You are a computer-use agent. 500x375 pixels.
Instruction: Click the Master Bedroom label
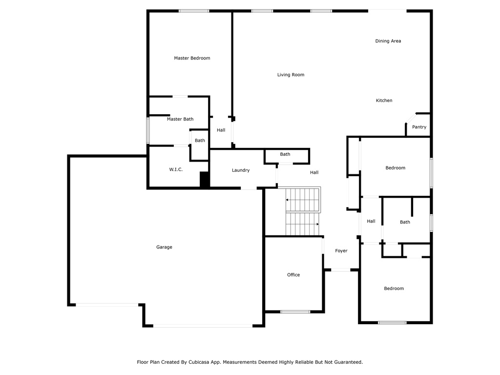point(192,58)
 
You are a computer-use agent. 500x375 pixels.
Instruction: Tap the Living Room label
point(291,75)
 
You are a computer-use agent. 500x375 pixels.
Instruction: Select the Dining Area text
point(388,41)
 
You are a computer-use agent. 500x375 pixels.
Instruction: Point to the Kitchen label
point(384,101)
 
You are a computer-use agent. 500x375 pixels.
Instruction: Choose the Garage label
point(164,247)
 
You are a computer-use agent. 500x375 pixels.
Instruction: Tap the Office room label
point(293,275)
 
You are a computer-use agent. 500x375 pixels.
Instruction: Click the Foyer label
point(341,251)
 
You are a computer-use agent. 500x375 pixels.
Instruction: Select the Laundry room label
point(241,170)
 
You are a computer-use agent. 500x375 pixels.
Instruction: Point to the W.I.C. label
point(176,169)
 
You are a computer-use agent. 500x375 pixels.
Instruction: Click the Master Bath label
point(180,119)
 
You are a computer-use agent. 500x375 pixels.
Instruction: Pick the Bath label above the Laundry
point(285,154)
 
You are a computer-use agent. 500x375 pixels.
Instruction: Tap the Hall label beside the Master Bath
point(221,130)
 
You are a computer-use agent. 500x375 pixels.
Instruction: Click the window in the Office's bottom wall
point(295,312)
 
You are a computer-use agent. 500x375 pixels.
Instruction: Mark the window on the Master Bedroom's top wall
point(194,11)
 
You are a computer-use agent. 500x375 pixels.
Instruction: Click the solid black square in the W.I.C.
point(204,180)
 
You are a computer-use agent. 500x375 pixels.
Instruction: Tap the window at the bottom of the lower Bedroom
point(392,323)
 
